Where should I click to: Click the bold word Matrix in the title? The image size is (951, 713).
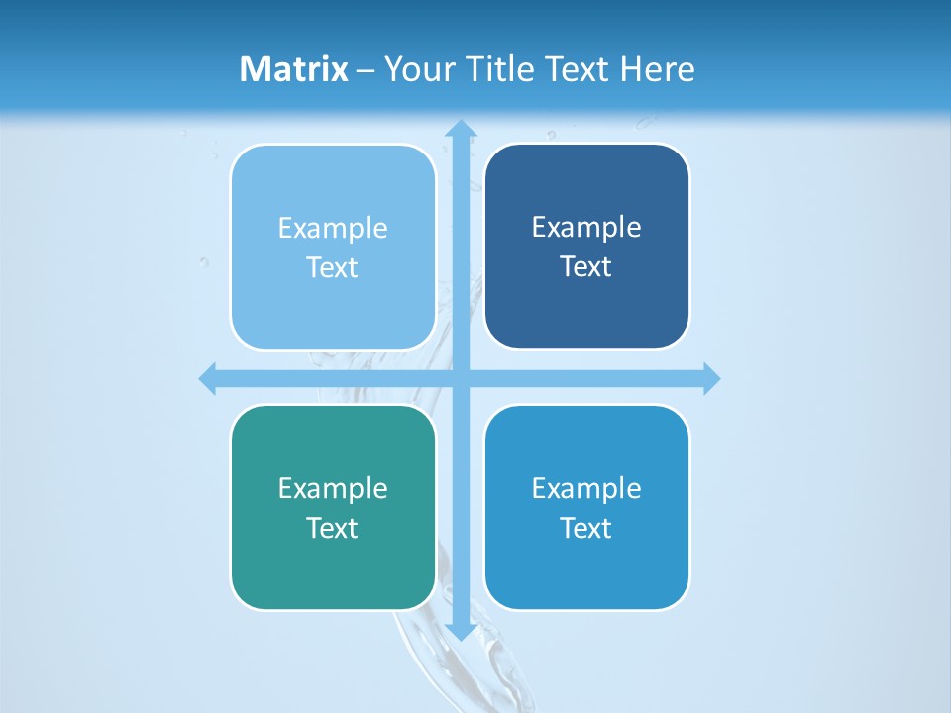coord(294,69)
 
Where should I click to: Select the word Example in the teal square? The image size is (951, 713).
coord(333,488)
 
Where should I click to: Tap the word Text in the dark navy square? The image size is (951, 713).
coord(586,267)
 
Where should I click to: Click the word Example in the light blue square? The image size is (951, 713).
coord(333,229)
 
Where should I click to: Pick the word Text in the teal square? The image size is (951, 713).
coord(333,528)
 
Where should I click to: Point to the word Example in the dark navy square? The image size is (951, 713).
coord(586,228)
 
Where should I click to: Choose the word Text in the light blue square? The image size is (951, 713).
coord(333,268)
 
